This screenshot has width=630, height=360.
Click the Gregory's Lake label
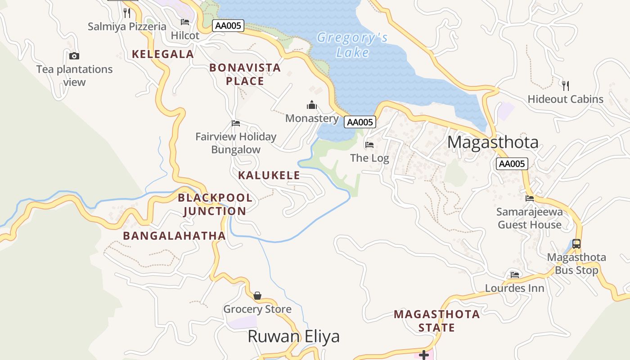pyautogui.click(x=352, y=45)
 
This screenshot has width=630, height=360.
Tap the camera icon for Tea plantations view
pyautogui.click(x=74, y=56)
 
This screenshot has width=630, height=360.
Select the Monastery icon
pyautogui.click(x=312, y=105)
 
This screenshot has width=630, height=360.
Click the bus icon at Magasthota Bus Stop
pyautogui.click(x=576, y=243)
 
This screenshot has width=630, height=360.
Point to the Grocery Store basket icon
pyautogui.click(x=257, y=296)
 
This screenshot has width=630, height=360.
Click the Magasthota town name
pyautogui.click(x=493, y=142)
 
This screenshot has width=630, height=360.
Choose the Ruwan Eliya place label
pyautogui.click(x=293, y=337)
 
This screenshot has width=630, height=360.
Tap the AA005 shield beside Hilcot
pyautogui.click(x=228, y=26)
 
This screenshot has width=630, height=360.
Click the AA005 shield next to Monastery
pyautogui.click(x=360, y=122)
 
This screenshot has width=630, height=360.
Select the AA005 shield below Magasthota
pyautogui.click(x=512, y=164)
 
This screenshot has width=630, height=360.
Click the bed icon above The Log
pyautogui.click(x=369, y=145)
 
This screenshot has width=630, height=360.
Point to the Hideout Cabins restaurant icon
pyautogui.click(x=566, y=85)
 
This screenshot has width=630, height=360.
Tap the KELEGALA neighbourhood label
pyautogui.click(x=163, y=54)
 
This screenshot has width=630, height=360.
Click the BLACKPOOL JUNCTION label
pyautogui.click(x=215, y=204)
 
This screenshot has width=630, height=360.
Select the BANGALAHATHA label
pyautogui.click(x=174, y=236)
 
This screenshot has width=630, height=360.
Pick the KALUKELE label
pyautogui.click(x=269, y=175)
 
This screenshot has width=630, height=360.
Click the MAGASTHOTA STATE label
pyautogui.click(x=436, y=320)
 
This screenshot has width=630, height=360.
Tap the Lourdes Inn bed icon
pyautogui.click(x=515, y=274)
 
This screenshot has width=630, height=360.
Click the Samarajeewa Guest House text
pyautogui.click(x=530, y=218)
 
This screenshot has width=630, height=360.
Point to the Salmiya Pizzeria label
pyautogui.click(x=127, y=27)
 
